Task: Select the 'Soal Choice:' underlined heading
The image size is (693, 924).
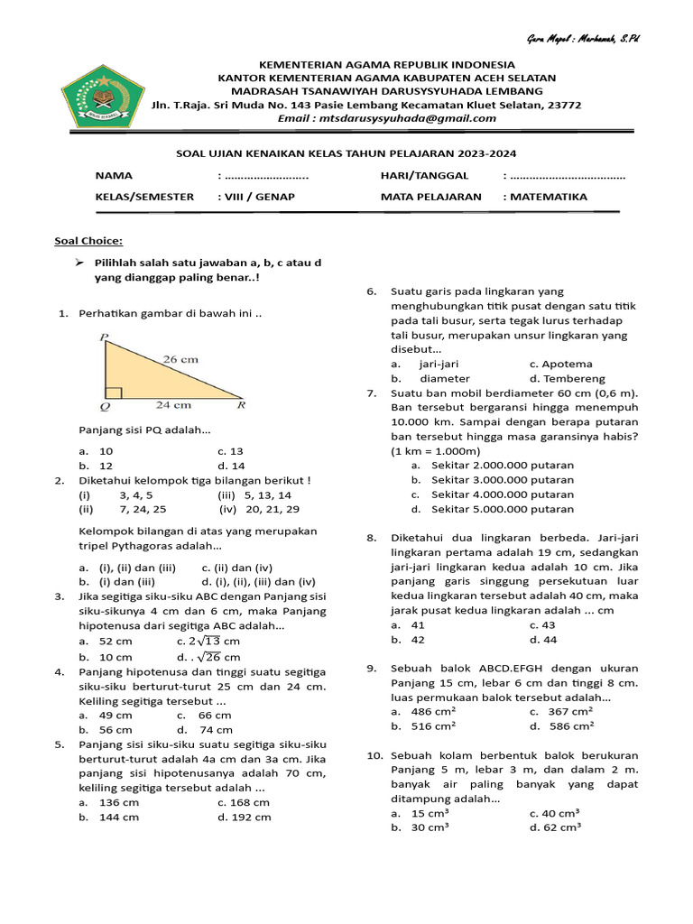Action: click(88, 241)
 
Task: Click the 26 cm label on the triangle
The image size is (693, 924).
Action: click(180, 358)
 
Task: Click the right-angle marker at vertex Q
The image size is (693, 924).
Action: click(113, 393)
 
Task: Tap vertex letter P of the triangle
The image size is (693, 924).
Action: click(104, 338)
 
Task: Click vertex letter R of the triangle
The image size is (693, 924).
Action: click(241, 405)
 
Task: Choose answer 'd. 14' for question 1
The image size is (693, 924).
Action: click(231, 466)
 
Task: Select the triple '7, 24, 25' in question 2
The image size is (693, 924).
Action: click(142, 509)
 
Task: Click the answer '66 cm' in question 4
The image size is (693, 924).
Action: click(215, 715)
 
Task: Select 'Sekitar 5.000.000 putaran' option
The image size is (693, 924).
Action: click(502, 509)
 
